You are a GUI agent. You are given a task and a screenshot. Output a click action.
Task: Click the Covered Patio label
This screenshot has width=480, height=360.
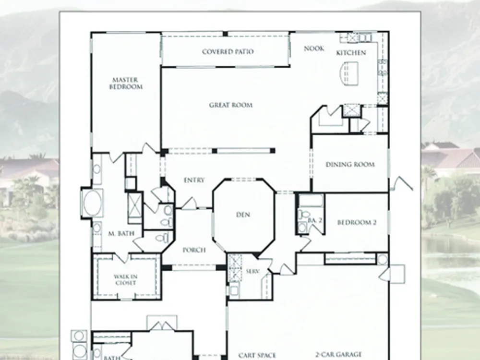coord(228,51)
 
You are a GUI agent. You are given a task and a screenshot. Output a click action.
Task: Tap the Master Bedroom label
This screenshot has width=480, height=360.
coord(126,83)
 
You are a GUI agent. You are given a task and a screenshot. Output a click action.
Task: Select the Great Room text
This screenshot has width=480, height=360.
coord(231,105)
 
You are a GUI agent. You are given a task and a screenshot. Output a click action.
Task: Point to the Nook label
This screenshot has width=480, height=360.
coord(314,48)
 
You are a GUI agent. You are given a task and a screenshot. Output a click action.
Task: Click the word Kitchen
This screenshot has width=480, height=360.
coord(351,53)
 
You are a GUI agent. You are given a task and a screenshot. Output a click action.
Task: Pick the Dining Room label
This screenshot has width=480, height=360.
coord(350,164)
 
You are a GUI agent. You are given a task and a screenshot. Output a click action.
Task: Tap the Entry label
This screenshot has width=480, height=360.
coord(194,180)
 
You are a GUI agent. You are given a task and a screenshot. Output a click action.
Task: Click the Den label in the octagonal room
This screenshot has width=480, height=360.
coord(243,215)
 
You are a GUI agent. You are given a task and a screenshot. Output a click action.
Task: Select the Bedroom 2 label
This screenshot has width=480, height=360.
coord(357,222)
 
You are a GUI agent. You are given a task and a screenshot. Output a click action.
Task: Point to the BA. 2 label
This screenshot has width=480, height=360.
coord(315,220)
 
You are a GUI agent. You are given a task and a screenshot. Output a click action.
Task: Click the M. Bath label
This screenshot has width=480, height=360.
coord(121,234)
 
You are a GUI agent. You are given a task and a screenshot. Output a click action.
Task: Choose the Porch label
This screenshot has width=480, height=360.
coord(194,250)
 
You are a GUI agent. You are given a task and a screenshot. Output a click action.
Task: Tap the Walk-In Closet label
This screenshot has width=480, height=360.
coord(125,280)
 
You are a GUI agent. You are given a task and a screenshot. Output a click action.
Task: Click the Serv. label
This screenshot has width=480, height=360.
coord(253,271)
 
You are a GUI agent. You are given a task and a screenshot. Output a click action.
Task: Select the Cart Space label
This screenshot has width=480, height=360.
coord(257,355)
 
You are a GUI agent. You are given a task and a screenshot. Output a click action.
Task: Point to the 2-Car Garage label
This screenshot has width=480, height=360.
coord(338,355)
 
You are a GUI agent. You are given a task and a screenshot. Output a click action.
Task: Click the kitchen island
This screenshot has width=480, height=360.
coord(348,73)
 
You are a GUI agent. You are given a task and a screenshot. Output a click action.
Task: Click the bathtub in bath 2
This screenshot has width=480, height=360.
coord(311,201)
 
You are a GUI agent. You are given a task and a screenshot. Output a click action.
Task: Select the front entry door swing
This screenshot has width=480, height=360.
coord(190,204)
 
